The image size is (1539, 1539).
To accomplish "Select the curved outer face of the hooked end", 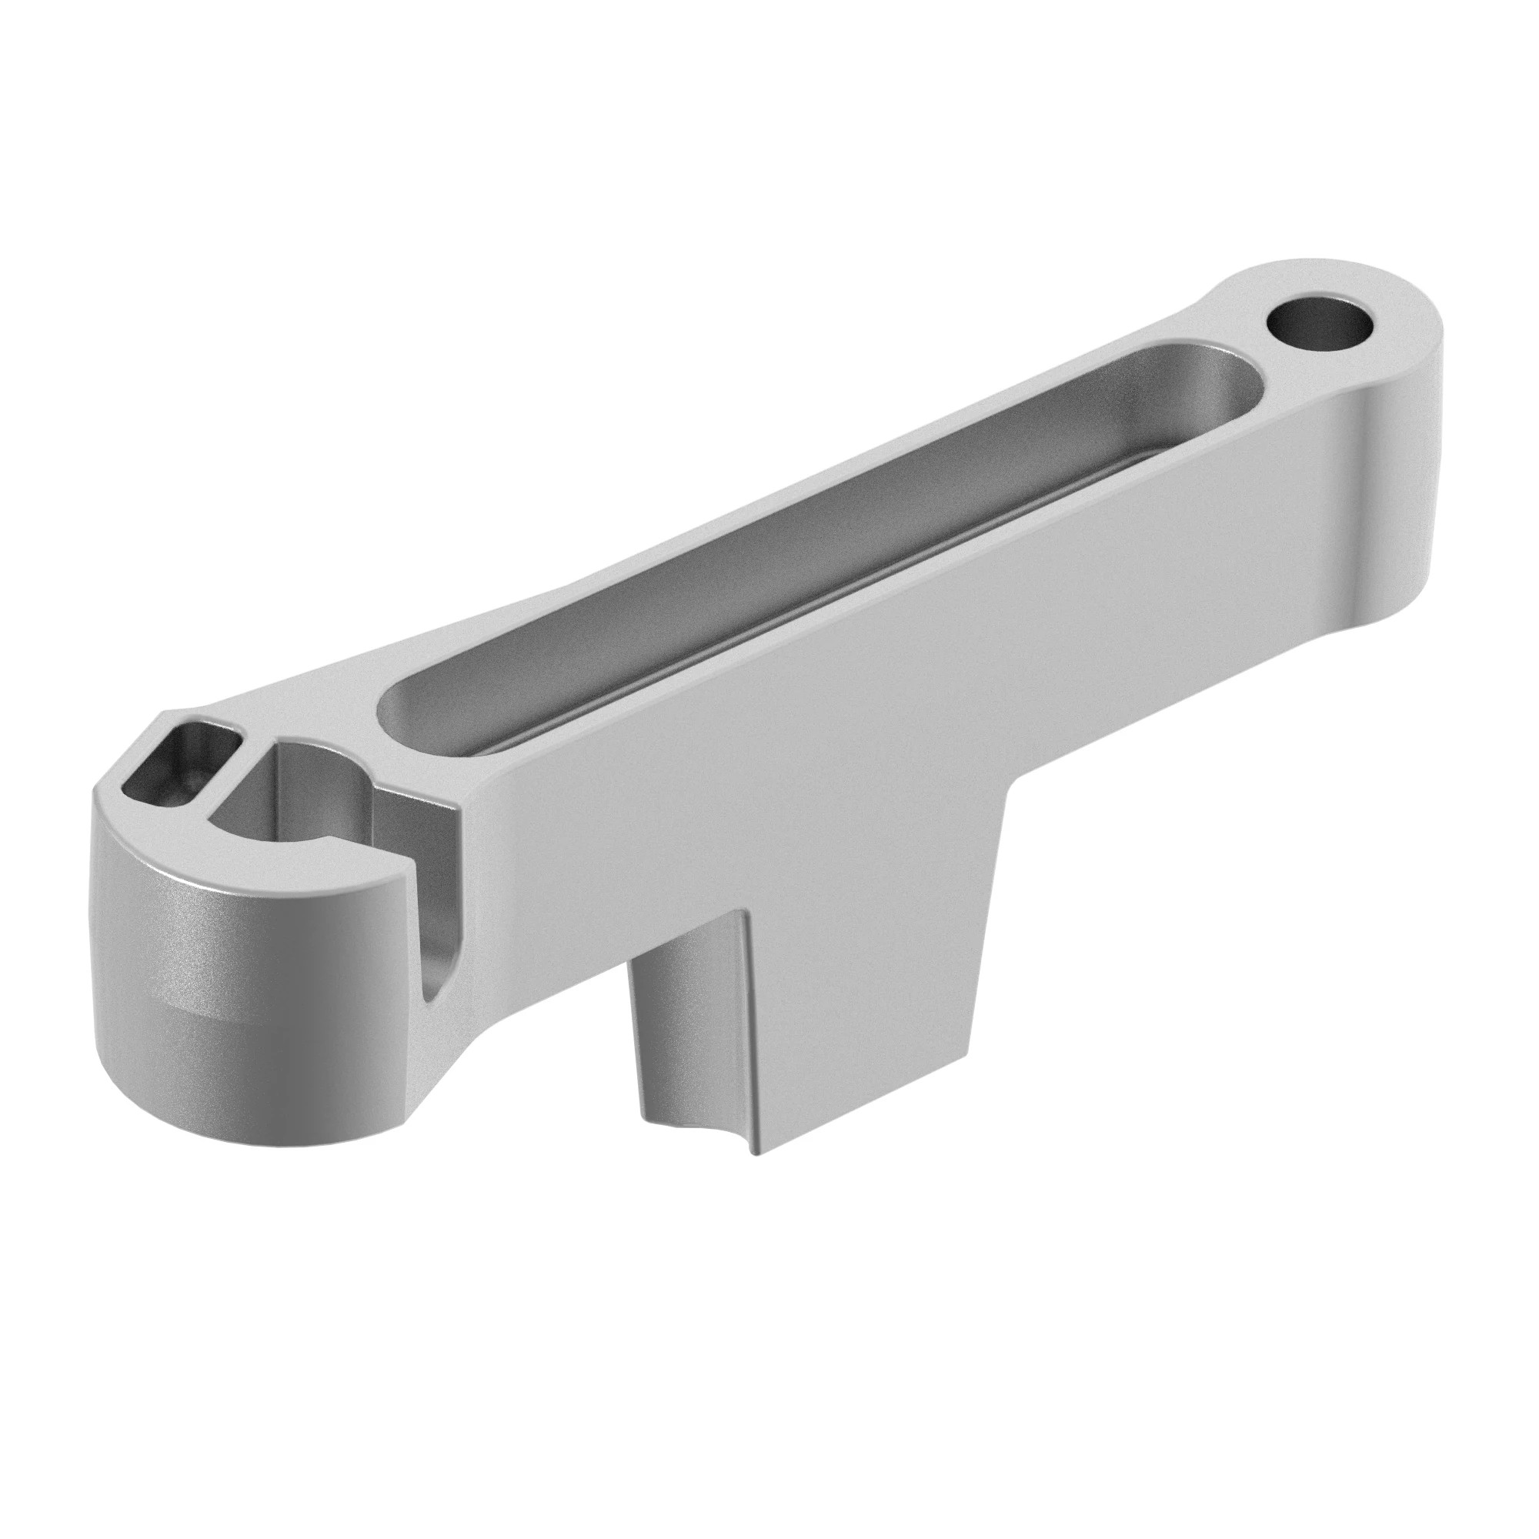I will point(199,940).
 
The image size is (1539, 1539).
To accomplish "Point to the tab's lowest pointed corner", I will point(755,1176).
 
